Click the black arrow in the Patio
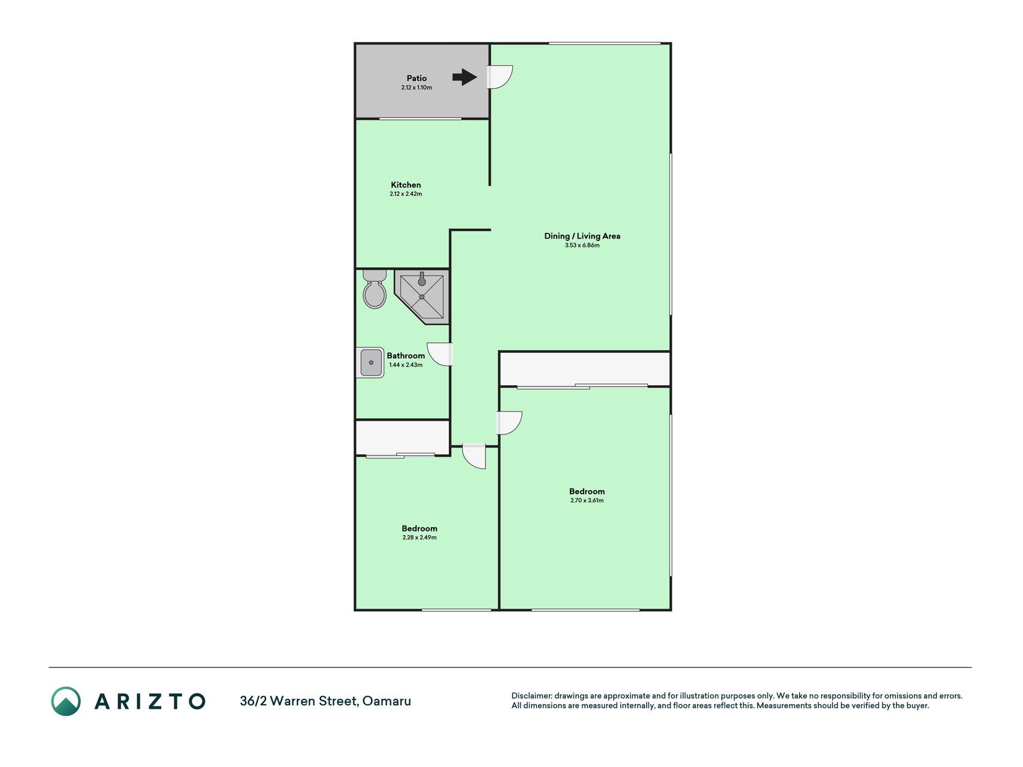point(464,77)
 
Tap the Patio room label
point(417,78)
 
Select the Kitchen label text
point(406,185)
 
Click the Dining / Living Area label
point(582,236)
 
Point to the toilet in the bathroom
point(375,289)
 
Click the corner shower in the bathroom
point(422,297)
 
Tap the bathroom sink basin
point(372,363)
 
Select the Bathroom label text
point(406,356)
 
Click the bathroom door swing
point(440,354)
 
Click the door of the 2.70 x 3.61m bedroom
point(509,423)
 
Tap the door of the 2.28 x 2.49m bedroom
point(474,456)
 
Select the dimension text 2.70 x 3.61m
point(587,500)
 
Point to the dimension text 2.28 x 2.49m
point(420,537)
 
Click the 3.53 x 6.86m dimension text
point(582,245)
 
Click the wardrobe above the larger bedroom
point(584,369)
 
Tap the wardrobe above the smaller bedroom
point(403,437)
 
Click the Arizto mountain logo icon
point(65,701)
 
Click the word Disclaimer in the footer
point(531,696)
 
